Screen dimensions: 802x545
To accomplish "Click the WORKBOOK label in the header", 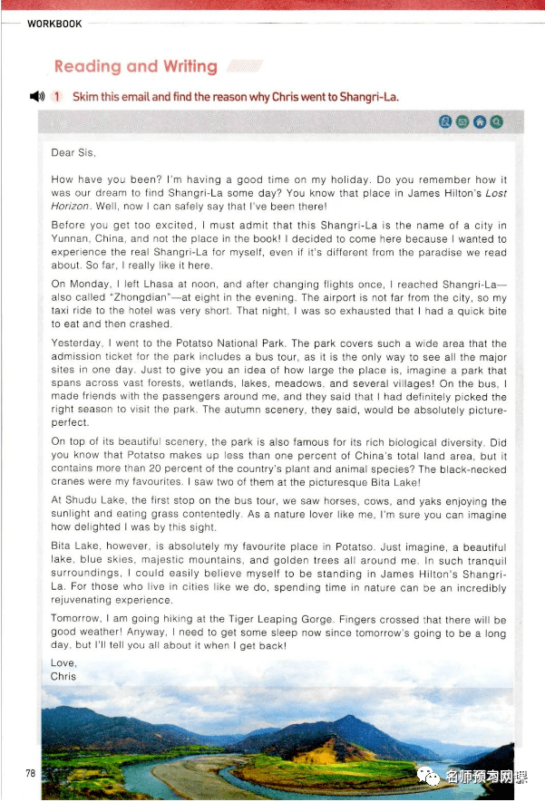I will pyautogui.click(x=54, y=24).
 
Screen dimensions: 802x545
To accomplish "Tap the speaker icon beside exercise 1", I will pyautogui.click(x=36, y=97).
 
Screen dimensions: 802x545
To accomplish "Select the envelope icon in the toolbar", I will pyautogui.click(x=462, y=121).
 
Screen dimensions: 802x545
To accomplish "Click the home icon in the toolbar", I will pyautogui.click(x=479, y=121).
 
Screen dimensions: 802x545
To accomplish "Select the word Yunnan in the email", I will pyautogui.click(x=71, y=238).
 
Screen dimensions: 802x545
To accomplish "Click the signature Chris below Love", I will pyautogui.click(x=63, y=676).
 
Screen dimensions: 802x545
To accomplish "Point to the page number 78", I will pyautogui.click(x=30, y=773).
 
